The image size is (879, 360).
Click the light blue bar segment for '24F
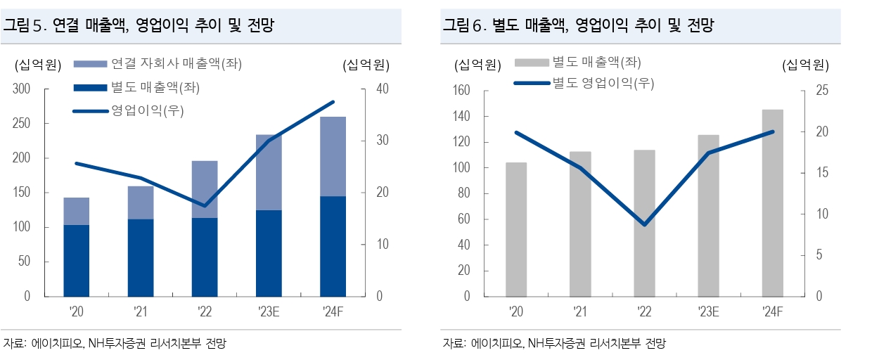tap(333, 156)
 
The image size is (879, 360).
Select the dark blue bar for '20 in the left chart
tap(77, 260)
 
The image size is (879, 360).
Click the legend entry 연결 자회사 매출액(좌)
tap(176, 64)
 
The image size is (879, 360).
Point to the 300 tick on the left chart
tap(22, 89)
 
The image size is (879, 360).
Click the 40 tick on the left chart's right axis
tap(383, 89)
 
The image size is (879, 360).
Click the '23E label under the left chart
tap(269, 311)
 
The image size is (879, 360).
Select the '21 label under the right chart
tap(580, 311)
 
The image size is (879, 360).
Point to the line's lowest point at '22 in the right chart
tap(644, 224)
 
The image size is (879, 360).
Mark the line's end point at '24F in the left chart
tap(333, 102)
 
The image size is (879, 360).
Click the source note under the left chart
tap(115, 344)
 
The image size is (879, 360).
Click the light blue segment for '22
tap(205, 189)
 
